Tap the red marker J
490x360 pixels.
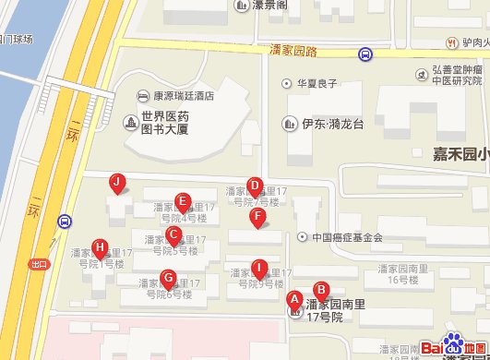[116, 183]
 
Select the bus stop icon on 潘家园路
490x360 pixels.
[365, 55]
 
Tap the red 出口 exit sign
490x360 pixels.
[38, 263]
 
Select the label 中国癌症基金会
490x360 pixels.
[346, 237]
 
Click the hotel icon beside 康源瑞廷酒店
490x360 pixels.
[143, 95]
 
